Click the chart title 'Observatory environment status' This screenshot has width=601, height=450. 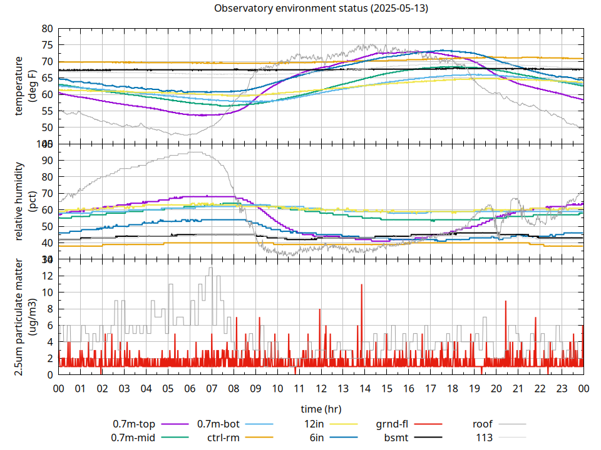click(x=321, y=9)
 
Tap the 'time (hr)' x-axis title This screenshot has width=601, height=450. click(x=321, y=409)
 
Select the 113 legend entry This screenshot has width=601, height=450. click(x=485, y=437)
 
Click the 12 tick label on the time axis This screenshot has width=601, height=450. click(x=321, y=389)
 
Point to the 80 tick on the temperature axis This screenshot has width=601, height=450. click(x=47, y=29)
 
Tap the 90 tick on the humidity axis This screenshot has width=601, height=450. click(x=47, y=160)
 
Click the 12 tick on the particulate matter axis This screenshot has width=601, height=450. click(x=47, y=276)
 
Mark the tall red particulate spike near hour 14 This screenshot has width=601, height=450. click(x=362, y=286)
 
